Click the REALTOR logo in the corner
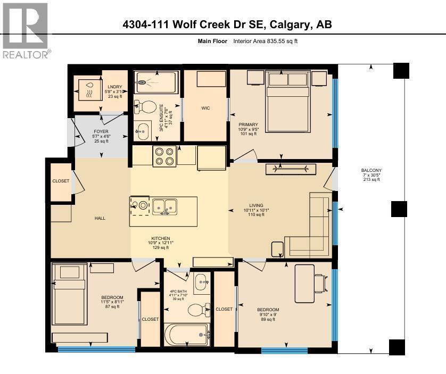[26, 29]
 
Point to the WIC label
[205, 108]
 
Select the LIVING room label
[256, 205]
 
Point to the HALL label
[100, 218]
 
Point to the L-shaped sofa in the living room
[314, 229]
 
